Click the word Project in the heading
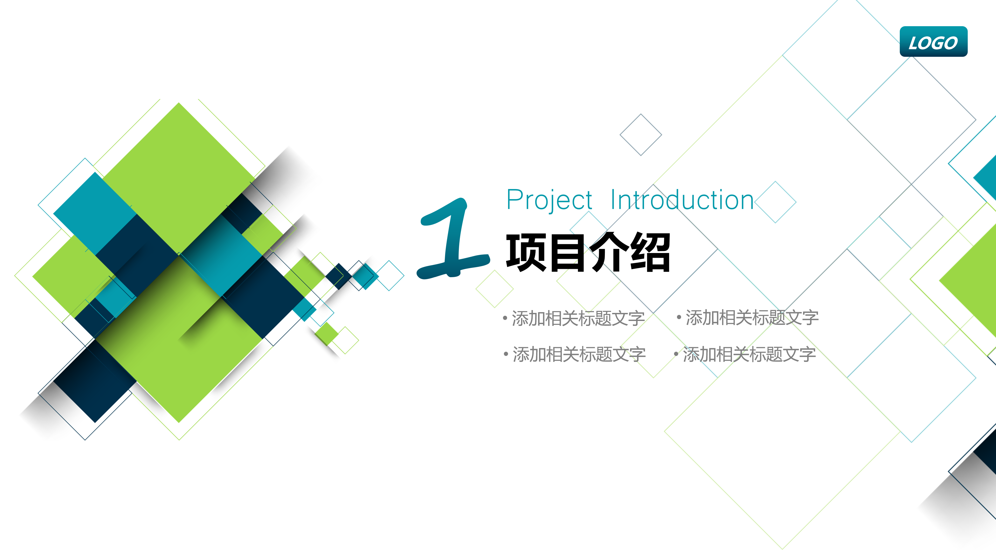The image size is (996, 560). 549,200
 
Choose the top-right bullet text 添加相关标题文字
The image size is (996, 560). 752,318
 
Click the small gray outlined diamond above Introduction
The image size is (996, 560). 641,135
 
